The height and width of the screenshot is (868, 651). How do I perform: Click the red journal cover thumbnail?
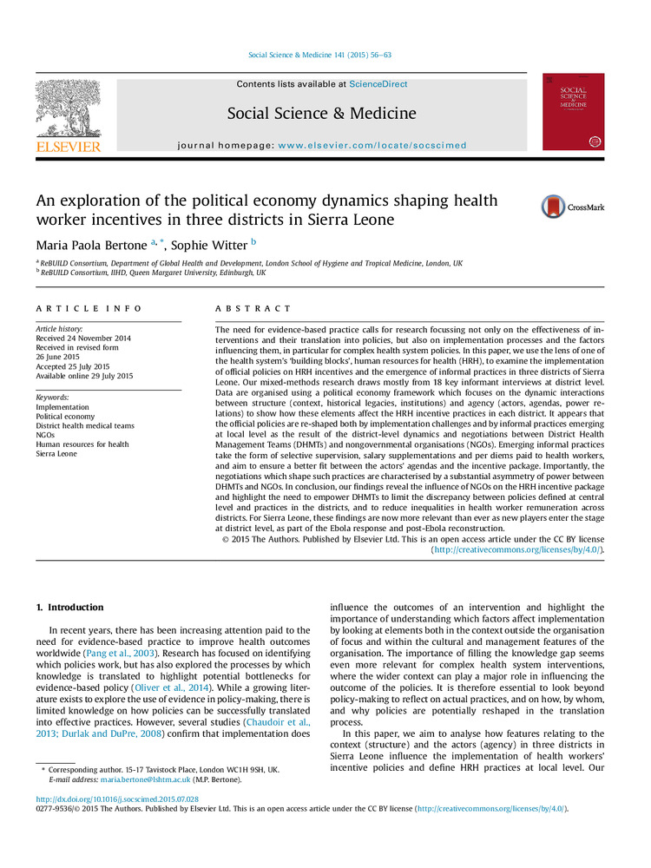tap(573, 111)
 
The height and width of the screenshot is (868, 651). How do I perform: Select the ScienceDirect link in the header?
tap(378, 84)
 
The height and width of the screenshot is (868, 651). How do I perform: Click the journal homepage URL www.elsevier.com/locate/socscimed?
tap(372, 145)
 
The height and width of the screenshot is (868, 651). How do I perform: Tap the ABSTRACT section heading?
tap(253, 309)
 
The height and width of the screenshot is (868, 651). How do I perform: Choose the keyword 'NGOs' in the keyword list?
tap(46, 435)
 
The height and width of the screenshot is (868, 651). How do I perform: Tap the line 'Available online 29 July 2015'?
tap(84, 376)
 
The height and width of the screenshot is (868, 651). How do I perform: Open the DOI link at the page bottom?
tap(117, 799)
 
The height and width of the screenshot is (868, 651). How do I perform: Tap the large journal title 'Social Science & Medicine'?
tap(321, 114)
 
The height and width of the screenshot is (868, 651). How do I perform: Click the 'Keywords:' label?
tap(54, 397)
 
